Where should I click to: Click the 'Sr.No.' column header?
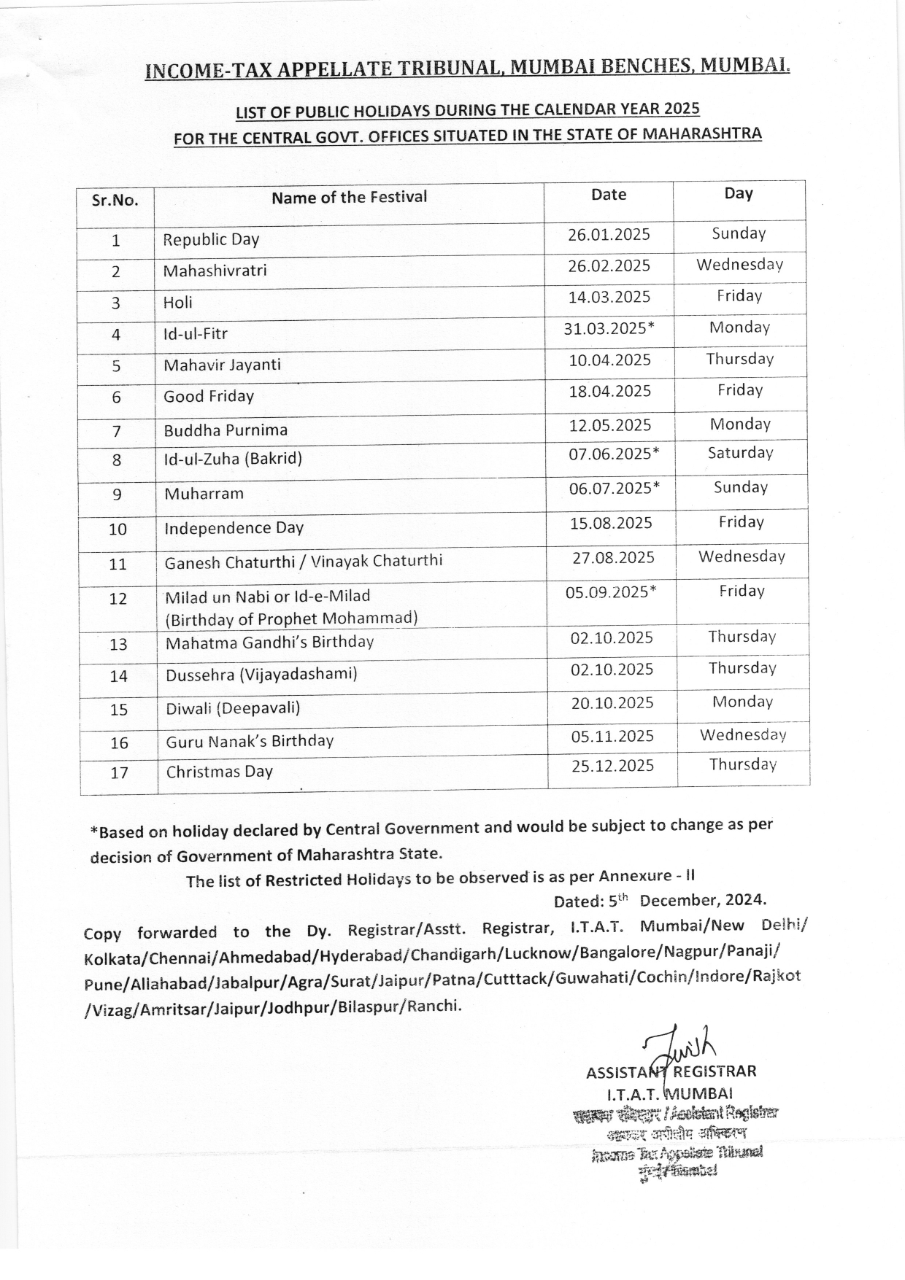(x=115, y=201)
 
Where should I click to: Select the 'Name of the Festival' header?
(x=349, y=197)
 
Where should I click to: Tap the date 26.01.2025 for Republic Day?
(x=609, y=235)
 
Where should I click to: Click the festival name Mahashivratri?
(x=215, y=271)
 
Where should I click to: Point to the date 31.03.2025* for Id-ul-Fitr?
(x=609, y=328)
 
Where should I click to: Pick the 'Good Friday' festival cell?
(x=209, y=396)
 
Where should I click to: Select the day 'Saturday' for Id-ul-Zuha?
(x=740, y=453)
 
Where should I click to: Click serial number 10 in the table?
(x=118, y=530)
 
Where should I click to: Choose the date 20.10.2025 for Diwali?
(x=612, y=703)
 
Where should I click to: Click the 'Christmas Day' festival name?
(x=219, y=772)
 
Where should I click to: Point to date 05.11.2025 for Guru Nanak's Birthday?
(x=612, y=737)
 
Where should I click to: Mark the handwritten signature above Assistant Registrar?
(x=679, y=1047)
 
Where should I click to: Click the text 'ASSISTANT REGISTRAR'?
(x=671, y=1071)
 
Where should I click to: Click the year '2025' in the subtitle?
(x=682, y=109)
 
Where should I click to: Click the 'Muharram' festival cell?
(x=204, y=494)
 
